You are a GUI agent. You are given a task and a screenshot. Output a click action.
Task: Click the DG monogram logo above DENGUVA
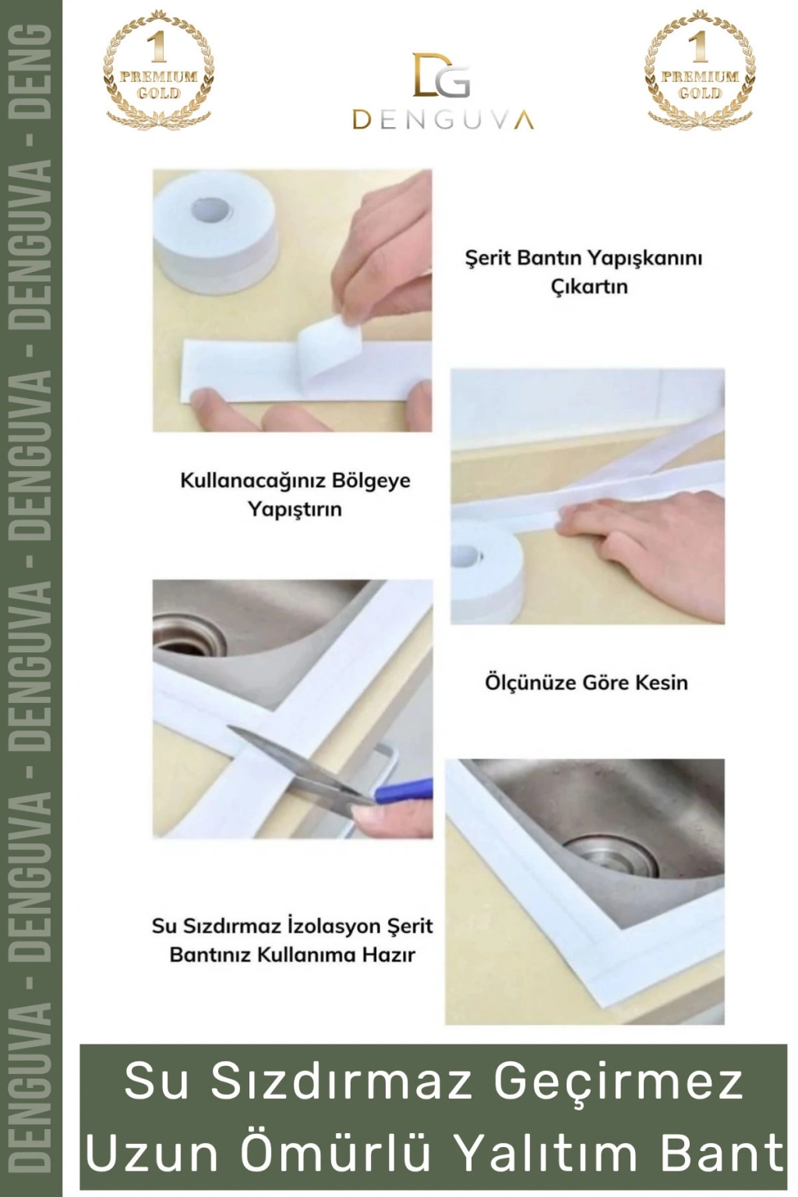(x=442, y=76)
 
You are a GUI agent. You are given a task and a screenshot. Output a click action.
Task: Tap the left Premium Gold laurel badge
(x=158, y=67)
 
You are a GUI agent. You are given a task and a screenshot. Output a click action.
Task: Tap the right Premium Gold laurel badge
(x=700, y=67)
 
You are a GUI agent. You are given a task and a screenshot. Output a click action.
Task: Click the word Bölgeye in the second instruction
(x=371, y=481)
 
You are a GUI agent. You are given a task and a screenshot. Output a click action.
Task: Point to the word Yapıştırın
(x=295, y=509)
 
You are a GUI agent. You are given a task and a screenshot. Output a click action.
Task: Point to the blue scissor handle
(x=404, y=790)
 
